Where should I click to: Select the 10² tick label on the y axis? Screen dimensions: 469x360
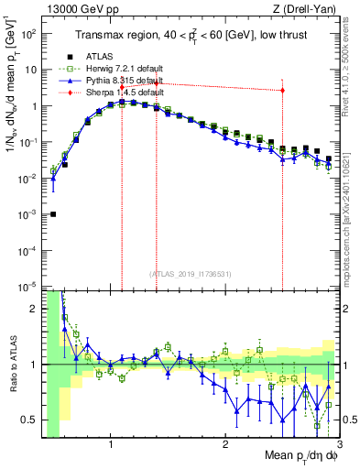(28, 33)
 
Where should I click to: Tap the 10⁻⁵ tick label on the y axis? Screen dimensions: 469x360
(28, 286)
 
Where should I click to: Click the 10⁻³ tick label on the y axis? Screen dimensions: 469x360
(28, 213)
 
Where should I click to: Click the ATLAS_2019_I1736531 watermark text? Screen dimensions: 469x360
(191, 273)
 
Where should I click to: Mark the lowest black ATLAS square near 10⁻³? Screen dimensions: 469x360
(53, 214)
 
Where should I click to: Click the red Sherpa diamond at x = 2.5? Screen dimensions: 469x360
(282, 90)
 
